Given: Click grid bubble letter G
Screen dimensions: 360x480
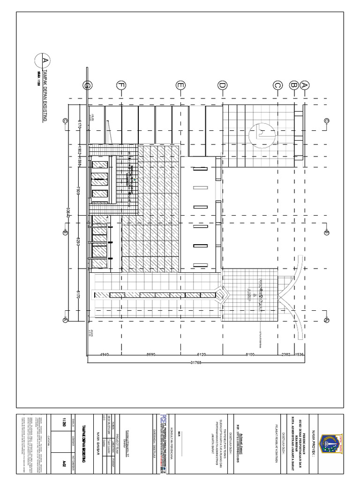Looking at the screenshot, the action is (87, 85).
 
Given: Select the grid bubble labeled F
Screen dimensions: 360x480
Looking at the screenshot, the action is (121, 85).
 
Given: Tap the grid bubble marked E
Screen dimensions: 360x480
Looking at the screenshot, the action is (180, 85).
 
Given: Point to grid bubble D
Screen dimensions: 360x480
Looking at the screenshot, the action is (222, 85).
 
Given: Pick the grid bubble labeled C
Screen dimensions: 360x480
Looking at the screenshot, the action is (277, 85).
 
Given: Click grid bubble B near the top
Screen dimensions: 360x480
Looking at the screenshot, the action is (294, 85).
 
